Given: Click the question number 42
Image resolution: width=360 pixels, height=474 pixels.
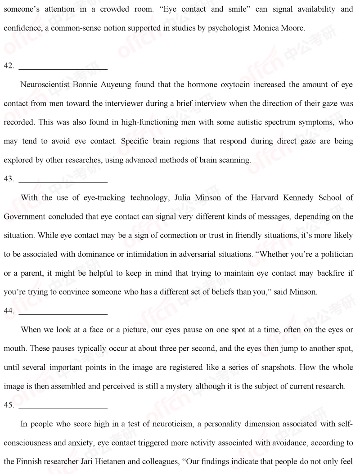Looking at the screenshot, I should pos(9,66).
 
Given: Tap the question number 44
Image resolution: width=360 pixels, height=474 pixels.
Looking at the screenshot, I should pos(9,311).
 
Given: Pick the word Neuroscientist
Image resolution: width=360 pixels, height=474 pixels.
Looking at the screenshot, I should pos(45,85).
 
